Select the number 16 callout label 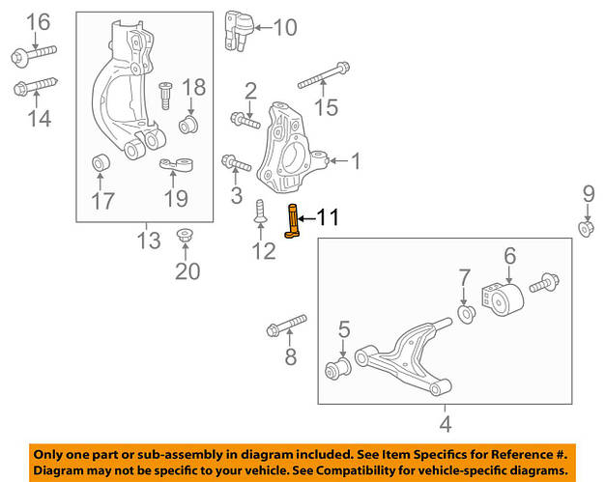click(x=37, y=22)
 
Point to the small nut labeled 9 click(x=586, y=228)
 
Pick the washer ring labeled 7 click(x=465, y=314)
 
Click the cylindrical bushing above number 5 click(x=340, y=368)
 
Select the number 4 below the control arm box click(x=445, y=423)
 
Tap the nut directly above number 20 click(x=184, y=236)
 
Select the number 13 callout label click(x=147, y=241)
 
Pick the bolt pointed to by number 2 click(x=244, y=121)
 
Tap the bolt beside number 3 click(x=236, y=163)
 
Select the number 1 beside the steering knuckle click(x=355, y=160)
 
